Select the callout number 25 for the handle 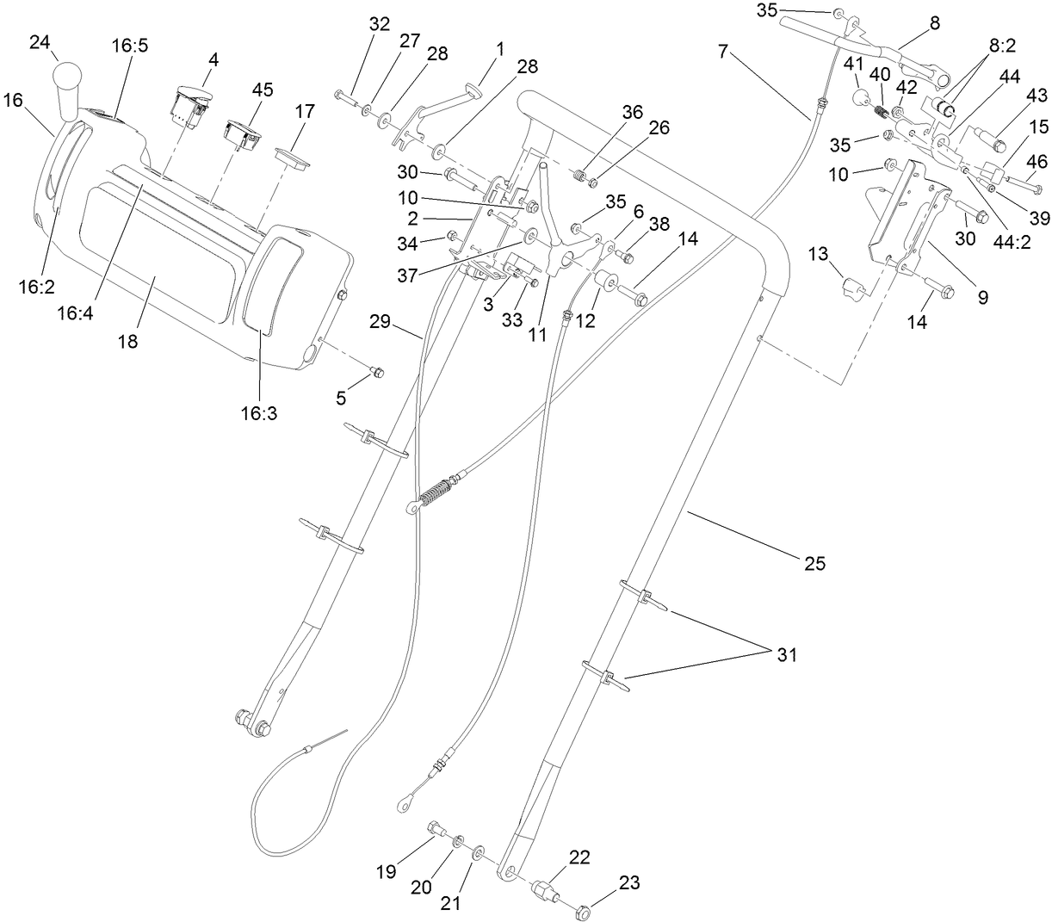tap(814, 563)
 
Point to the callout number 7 tap(723, 52)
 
